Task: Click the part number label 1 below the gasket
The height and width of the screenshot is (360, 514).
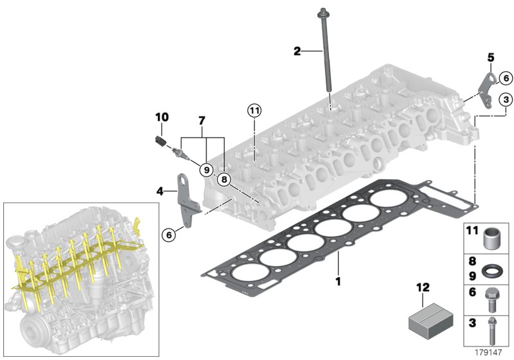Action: click(x=338, y=280)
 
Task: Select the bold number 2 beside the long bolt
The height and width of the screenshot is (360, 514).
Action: click(x=297, y=51)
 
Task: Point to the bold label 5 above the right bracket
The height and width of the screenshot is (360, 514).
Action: click(x=491, y=57)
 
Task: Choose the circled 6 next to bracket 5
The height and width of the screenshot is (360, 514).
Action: click(x=505, y=78)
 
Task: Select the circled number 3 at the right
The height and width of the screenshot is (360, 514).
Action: click(x=506, y=100)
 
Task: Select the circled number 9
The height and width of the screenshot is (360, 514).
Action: click(x=206, y=170)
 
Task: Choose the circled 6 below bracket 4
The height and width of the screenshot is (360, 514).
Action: click(x=168, y=235)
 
